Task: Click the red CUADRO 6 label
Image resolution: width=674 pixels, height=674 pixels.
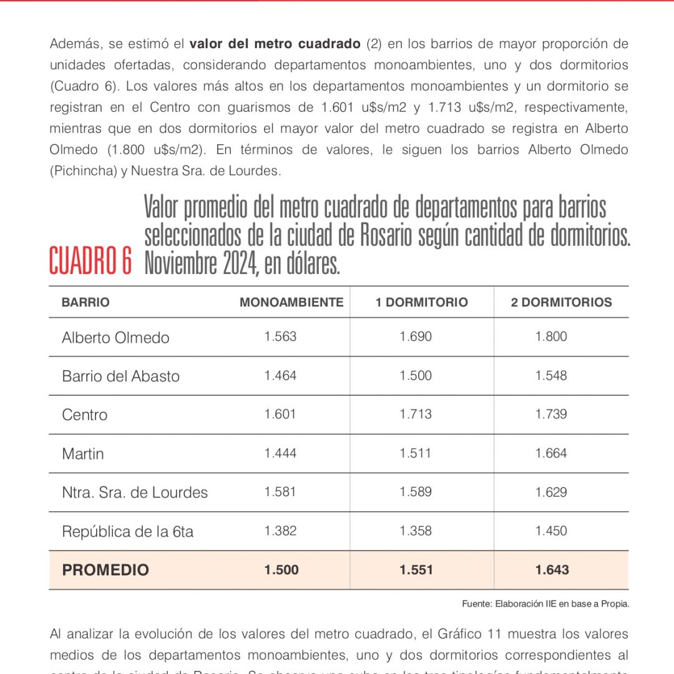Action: coord(90,261)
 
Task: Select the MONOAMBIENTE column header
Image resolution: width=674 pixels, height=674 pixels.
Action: coord(291,303)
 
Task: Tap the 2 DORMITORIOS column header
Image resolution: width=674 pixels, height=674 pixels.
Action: coord(561,303)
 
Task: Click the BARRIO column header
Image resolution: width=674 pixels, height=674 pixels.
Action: coord(85,303)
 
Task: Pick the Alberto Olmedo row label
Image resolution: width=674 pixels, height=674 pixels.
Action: coord(115,338)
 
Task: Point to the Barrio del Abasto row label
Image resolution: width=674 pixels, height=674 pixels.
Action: coord(120,376)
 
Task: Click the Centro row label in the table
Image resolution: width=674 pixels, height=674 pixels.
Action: coord(84,415)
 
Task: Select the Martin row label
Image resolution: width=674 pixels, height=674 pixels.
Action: coord(82,454)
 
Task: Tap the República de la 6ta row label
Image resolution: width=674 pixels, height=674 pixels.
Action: coord(127,531)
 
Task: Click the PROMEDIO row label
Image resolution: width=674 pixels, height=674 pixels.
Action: coord(105,570)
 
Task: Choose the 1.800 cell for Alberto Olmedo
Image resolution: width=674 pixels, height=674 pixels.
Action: coord(551,337)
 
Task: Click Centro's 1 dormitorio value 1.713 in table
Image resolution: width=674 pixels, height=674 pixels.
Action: coord(416,414)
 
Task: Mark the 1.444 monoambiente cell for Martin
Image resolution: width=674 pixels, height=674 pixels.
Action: coord(280,453)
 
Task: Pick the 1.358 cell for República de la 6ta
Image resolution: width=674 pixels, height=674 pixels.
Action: coord(416,530)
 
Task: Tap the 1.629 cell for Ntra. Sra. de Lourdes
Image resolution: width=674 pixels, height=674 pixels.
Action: coord(551,492)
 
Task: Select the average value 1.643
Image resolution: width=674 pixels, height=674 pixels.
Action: coord(552,569)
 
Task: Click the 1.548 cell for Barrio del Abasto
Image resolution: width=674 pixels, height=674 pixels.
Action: coord(551,376)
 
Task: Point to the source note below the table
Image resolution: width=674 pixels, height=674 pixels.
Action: coord(545,603)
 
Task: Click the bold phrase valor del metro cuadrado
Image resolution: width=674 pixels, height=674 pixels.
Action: coord(275,44)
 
